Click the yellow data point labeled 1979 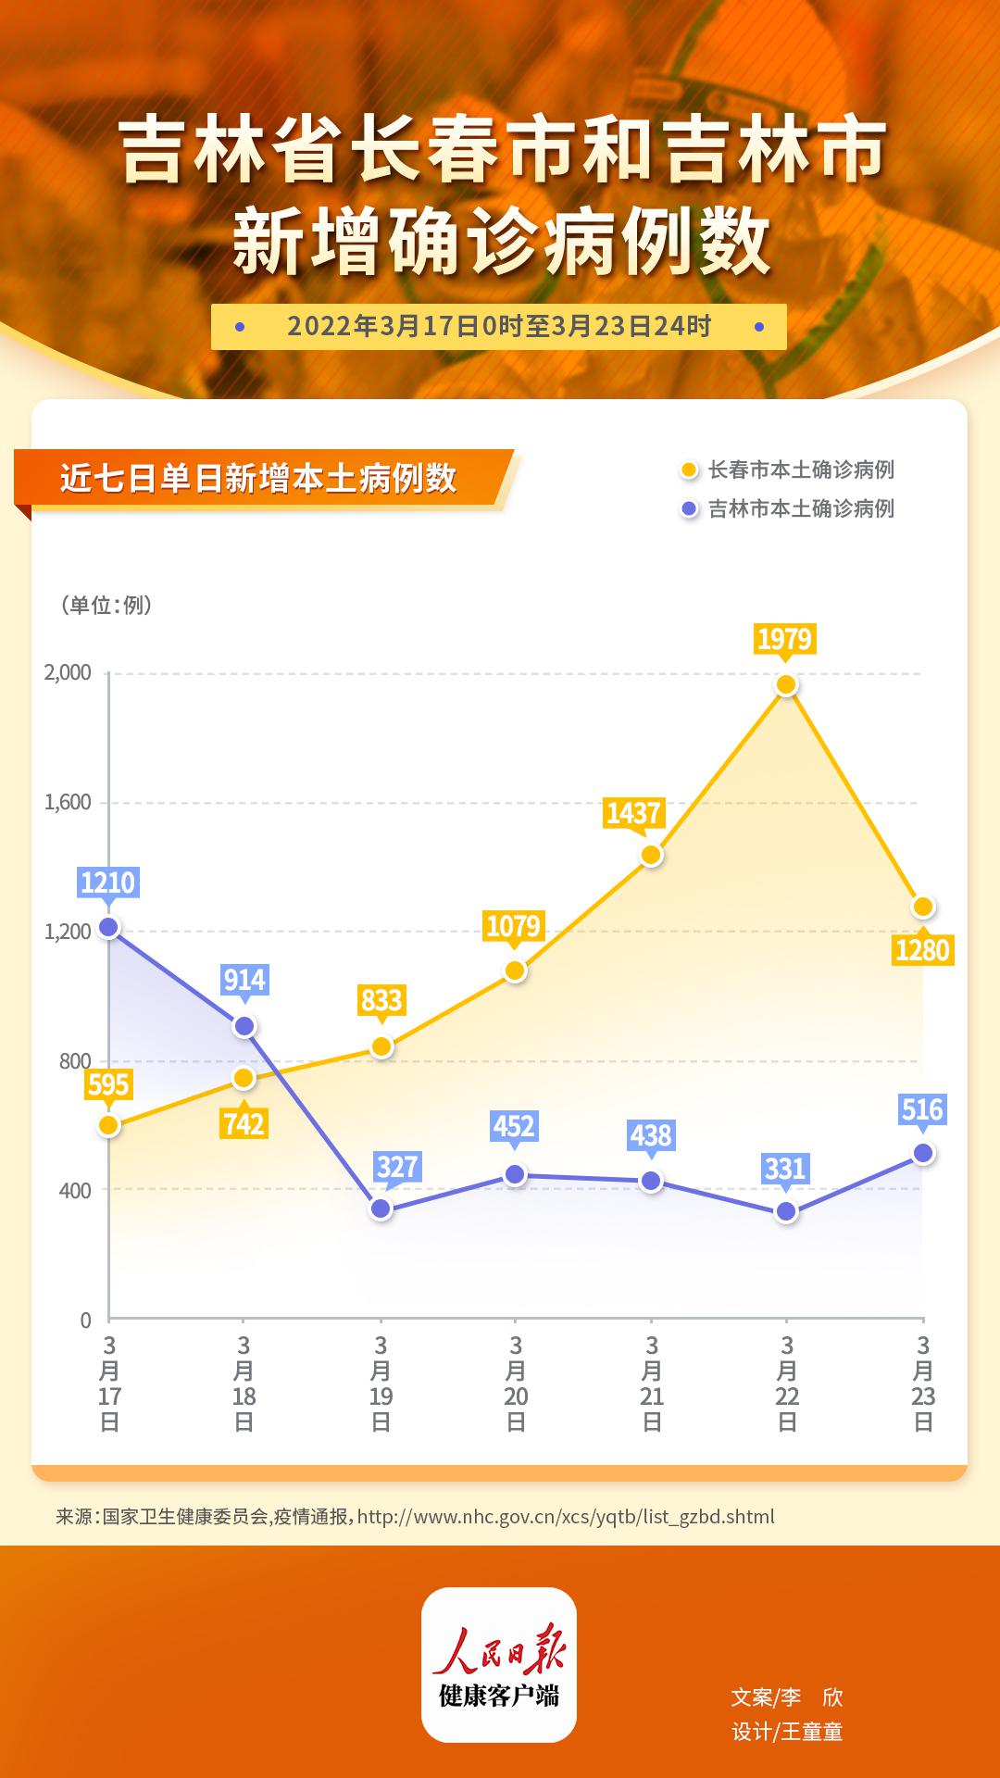786,685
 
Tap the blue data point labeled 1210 108,927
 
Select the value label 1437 633,813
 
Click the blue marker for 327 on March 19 381,1208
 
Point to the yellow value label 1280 923,950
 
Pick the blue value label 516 922,1109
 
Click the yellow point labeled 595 108,1125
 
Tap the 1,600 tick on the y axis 68,802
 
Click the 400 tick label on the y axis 75,1190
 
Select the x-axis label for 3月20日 516,1383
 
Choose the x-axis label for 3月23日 923,1383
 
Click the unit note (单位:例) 106,605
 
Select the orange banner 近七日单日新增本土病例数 259,479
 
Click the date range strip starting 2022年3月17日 499,327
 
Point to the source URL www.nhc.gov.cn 565,1517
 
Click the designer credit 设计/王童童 787,1731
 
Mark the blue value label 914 244,980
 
